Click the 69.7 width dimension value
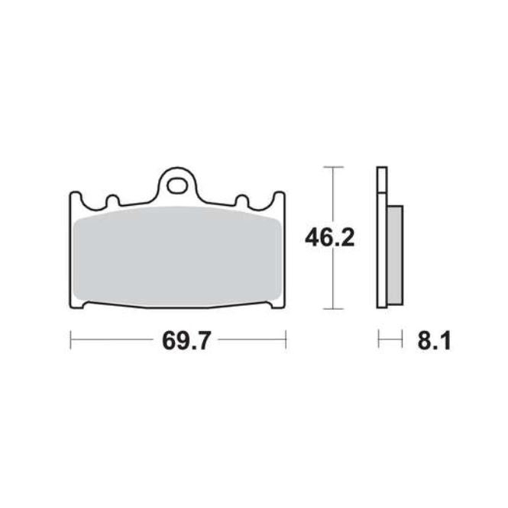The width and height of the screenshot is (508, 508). [x=186, y=340]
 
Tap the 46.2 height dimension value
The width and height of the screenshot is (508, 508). [x=329, y=237]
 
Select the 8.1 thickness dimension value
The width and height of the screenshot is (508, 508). [x=434, y=341]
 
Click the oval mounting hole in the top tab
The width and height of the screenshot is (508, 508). [x=176, y=186]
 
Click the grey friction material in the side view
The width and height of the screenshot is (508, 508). [x=396, y=255]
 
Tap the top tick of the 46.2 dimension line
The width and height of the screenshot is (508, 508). [x=333, y=167]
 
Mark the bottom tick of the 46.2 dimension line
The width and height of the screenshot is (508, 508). [x=333, y=309]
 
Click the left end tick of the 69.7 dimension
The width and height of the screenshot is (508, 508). [x=71, y=339]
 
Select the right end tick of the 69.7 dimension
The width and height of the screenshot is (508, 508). [x=286, y=339]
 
